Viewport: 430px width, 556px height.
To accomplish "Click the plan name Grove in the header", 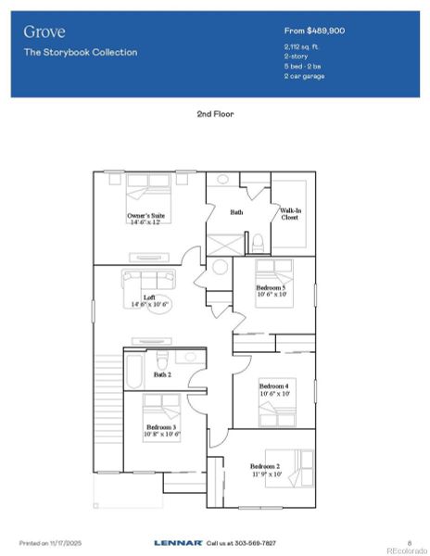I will (44, 32).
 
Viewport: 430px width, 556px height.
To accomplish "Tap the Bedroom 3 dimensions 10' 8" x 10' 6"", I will (161, 433).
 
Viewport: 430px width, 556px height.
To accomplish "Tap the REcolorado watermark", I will (404, 550).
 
